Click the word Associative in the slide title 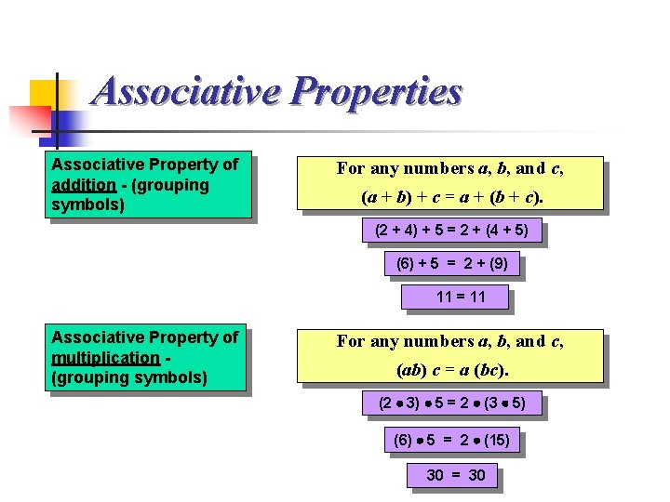coord(187,92)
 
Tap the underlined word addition coord(83,184)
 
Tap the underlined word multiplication coord(105,357)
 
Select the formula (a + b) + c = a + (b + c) coord(449,197)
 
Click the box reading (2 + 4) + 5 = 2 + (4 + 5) coord(450,230)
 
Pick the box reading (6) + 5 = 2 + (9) coord(451,263)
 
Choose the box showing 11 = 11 coord(455,297)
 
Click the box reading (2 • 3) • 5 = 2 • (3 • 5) coord(451,403)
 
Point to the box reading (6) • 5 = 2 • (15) coord(452,440)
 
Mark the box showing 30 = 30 coord(455,475)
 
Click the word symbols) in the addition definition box coord(88,204)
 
